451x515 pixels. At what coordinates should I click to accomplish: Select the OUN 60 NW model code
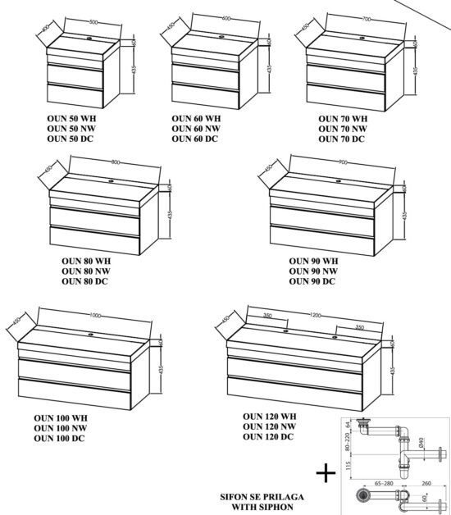tap(194, 129)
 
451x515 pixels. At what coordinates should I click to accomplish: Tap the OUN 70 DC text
tap(342, 139)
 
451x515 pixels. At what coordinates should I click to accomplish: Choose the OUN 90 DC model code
tap(312, 281)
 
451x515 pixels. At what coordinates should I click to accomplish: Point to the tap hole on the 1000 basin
tap(93, 335)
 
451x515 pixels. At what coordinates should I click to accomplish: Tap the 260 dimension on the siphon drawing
tap(427, 485)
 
